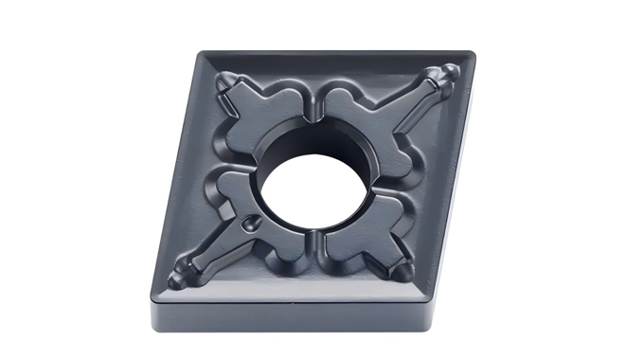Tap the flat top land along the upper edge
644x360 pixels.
pos(331,59)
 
